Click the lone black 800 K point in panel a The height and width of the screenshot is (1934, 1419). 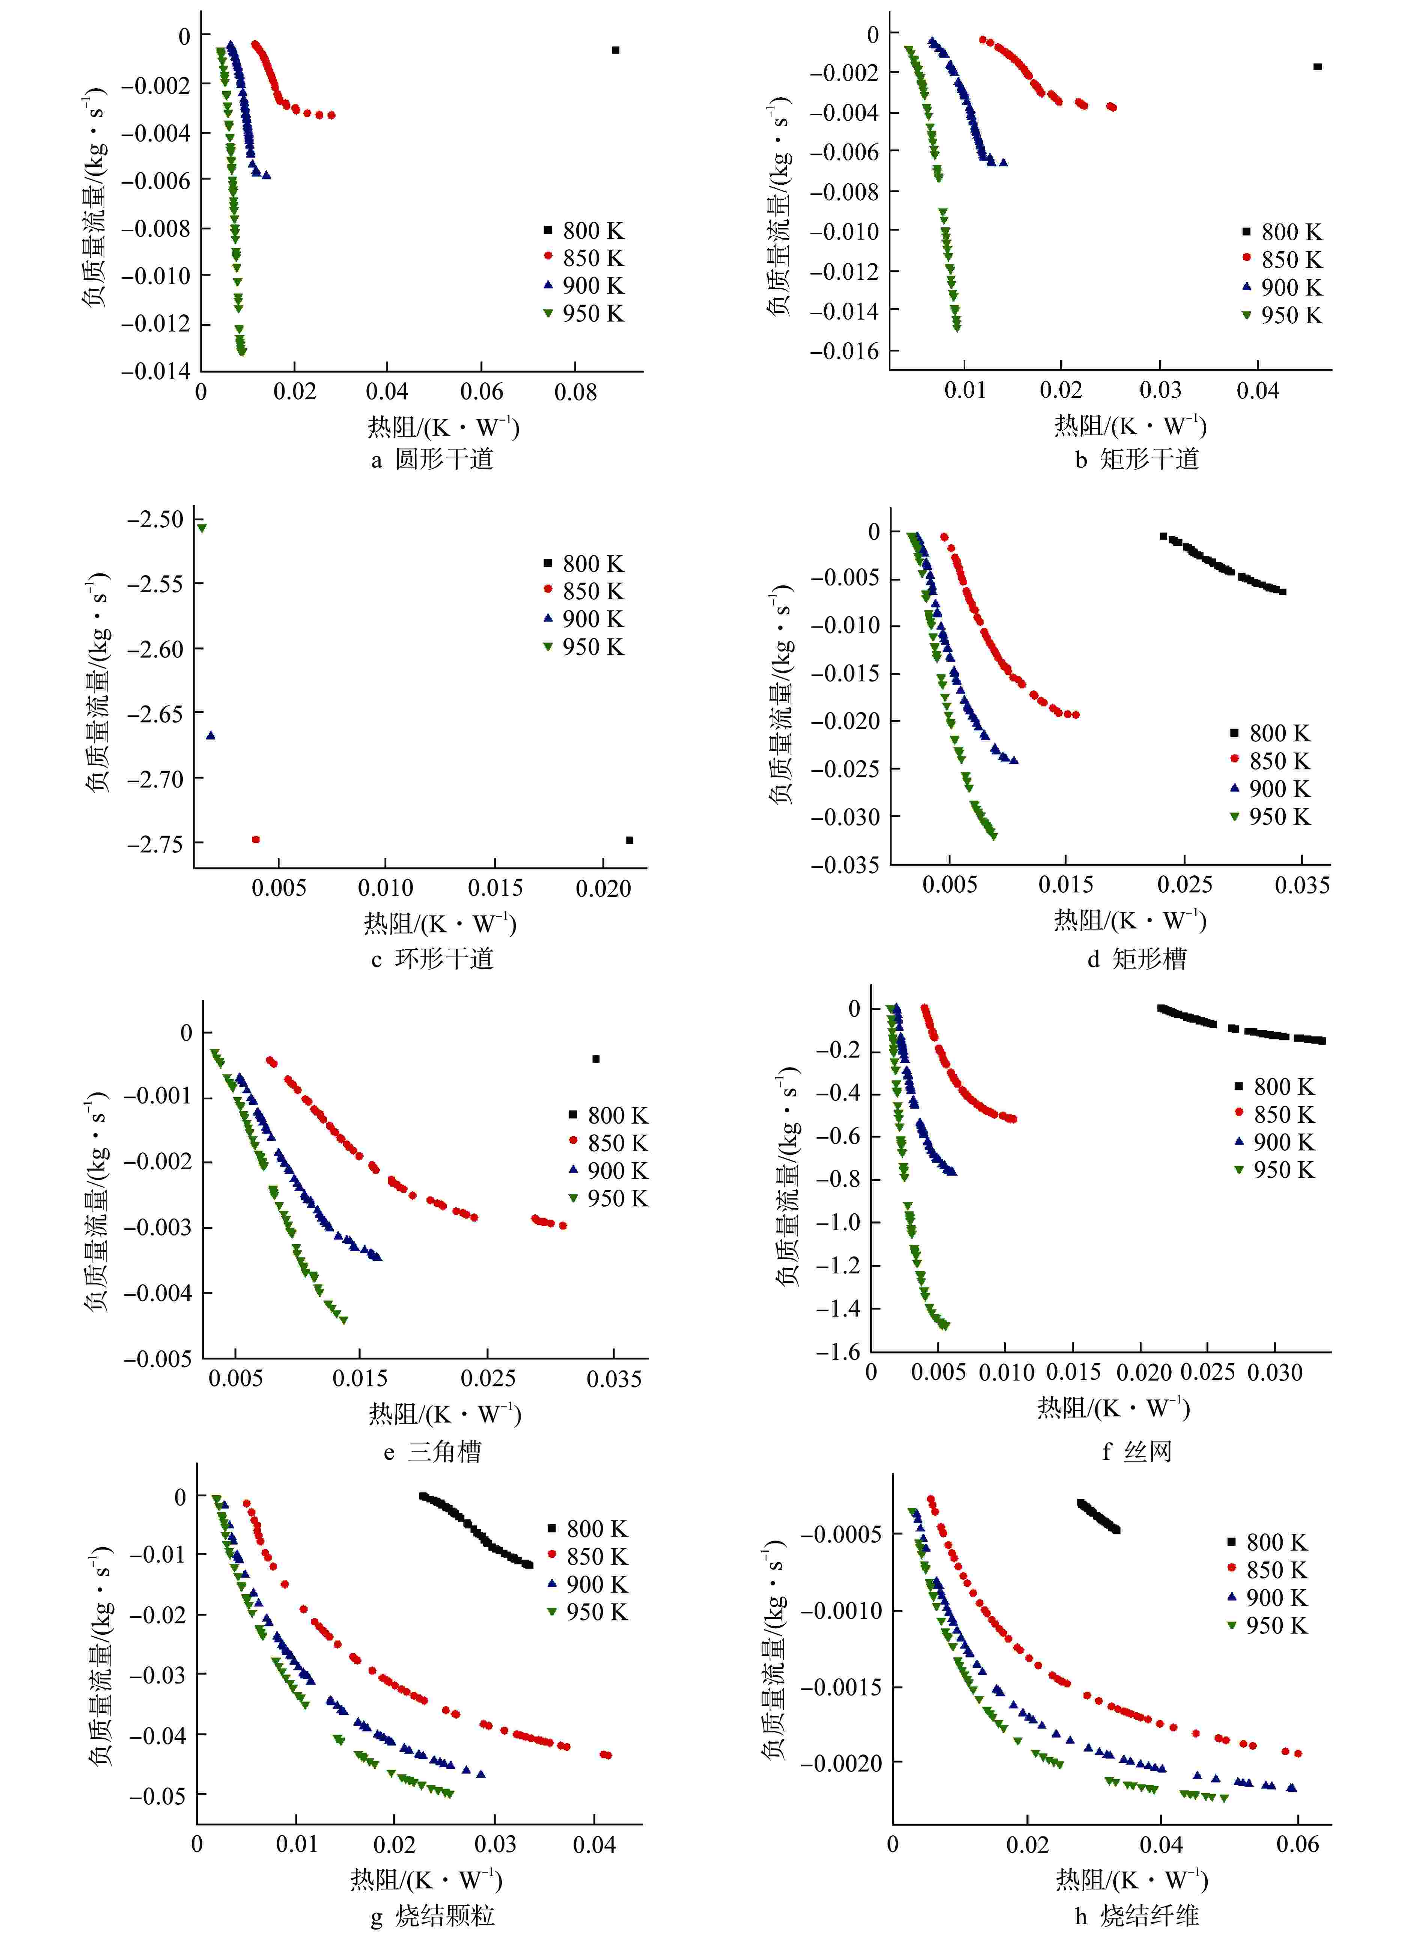[x=615, y=50]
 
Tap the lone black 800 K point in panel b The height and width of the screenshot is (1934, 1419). [x=1318, y=66]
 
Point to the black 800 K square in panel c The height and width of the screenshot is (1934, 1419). [x=630, y=840]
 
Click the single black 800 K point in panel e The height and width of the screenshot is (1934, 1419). [x=596, y=1059]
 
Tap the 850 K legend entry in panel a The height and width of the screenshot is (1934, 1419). [x=584, y=258]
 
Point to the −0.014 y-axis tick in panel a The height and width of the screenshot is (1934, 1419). [x=156, y=371]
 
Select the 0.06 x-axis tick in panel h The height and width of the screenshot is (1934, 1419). [x=1297, y=1844]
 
